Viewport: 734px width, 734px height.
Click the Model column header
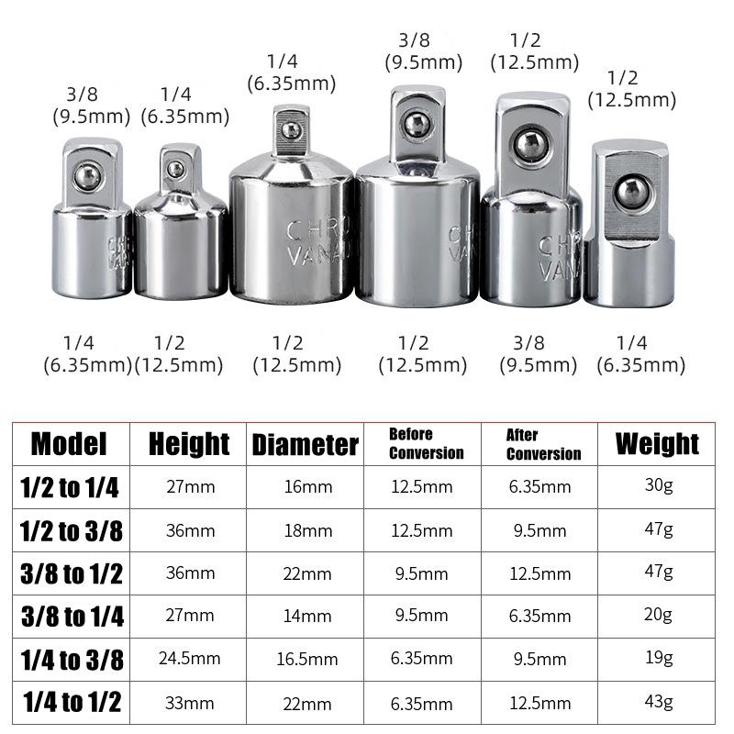(x=70, y=444)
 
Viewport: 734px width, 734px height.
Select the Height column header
(x=189, y=444)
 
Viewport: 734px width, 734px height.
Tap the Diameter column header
(x=305, y=445)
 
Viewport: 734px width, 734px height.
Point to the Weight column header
(x=657, y=443)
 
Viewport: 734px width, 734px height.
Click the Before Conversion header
(x=426, y=443)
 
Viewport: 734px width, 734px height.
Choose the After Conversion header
(x=543, y=445)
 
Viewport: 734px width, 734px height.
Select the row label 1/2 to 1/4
(x=70, y=487)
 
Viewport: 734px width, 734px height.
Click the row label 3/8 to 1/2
(x=70, y=573)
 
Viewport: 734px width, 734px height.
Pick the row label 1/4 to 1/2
(x=70, y=703)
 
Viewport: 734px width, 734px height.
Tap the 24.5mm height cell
(x=189, y=659)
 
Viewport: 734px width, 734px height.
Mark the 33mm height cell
(x=189, y=704)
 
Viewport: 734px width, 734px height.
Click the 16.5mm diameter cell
(x=306, y=659)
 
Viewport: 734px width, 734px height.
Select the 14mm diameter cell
(x=306, y=616)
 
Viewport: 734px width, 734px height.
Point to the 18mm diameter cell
(x=306, y=530)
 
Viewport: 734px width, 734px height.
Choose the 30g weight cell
(x=658, y=485)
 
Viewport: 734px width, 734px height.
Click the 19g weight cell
(x=658, y=658)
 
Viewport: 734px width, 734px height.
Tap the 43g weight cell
(x=658, y=702)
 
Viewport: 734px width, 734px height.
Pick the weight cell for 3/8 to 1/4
(x=658, y=615)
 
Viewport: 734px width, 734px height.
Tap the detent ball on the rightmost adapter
(x=629, y=191)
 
